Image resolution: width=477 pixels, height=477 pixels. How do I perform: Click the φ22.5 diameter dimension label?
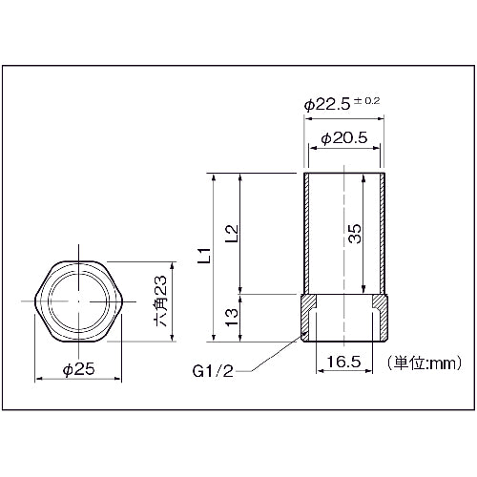pyautogui.click(x=329, y=103)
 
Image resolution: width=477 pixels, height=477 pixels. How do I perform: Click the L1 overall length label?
pyautogui.click(x=202, y=256)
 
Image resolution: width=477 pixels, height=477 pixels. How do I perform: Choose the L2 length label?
pyautogui.click(x=232, y=233)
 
